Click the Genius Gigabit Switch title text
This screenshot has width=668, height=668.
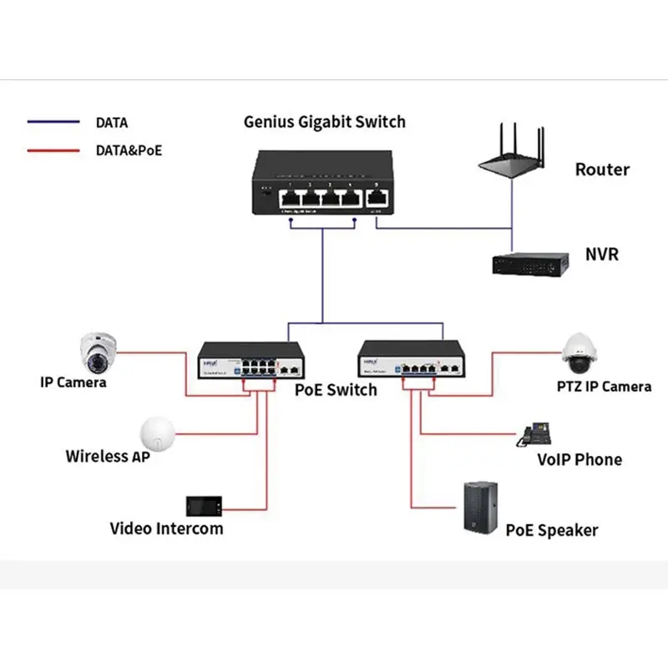pos(324,122)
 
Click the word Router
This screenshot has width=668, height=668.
pos(602,170)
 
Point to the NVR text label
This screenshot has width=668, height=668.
pos(602,254)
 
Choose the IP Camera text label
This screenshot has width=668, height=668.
pos(73,382)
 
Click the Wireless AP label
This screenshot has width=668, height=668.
pos(109,457)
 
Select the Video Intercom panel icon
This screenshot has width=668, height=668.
pos(203,506)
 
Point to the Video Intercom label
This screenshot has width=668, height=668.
pos(166,529)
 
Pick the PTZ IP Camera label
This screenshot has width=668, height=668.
pos(604,387)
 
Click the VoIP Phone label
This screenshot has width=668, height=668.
pos(579,459)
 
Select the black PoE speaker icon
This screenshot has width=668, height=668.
pos(482,507)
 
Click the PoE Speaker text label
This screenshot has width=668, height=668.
pos(552,530)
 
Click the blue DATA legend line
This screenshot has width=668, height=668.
pos(53,123)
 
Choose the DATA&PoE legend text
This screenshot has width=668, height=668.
pos(129,151)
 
